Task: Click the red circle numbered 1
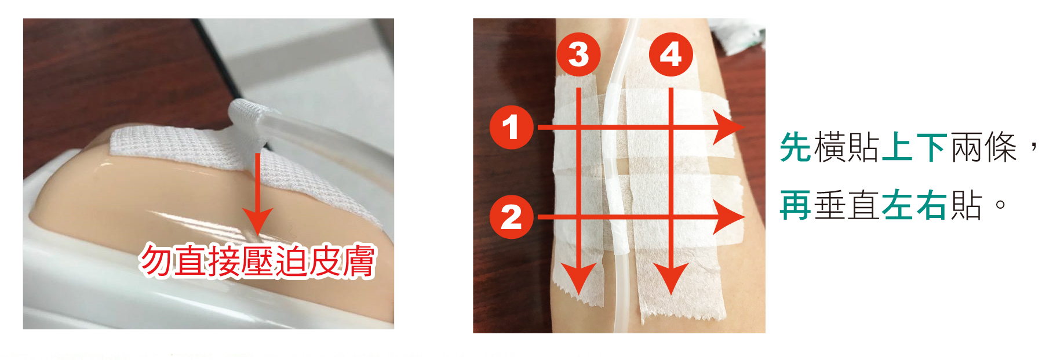(511, 127)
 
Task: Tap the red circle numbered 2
(511, 217)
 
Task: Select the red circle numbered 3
(578, 54)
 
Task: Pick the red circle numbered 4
(671, 54)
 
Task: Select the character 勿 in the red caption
(157, 261)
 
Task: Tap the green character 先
(795, 147)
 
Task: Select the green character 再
(795, 205)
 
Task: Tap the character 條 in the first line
(1000, 147)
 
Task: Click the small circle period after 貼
(1000, 205)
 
